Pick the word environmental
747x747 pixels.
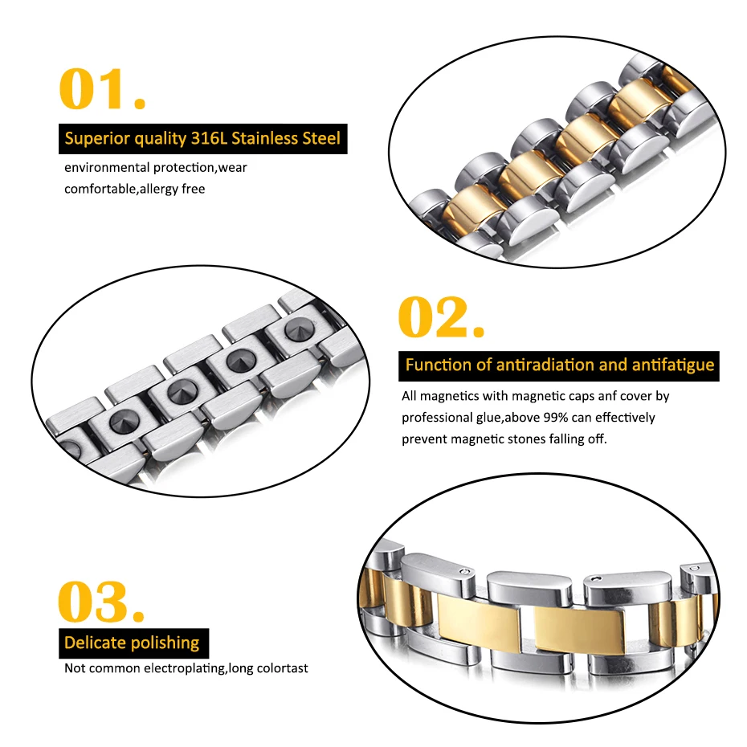(x=104, y=168)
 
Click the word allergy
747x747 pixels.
(x=159, y=189)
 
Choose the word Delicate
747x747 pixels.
(x=96, y=643)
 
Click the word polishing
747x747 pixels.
(x=165, y=643)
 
